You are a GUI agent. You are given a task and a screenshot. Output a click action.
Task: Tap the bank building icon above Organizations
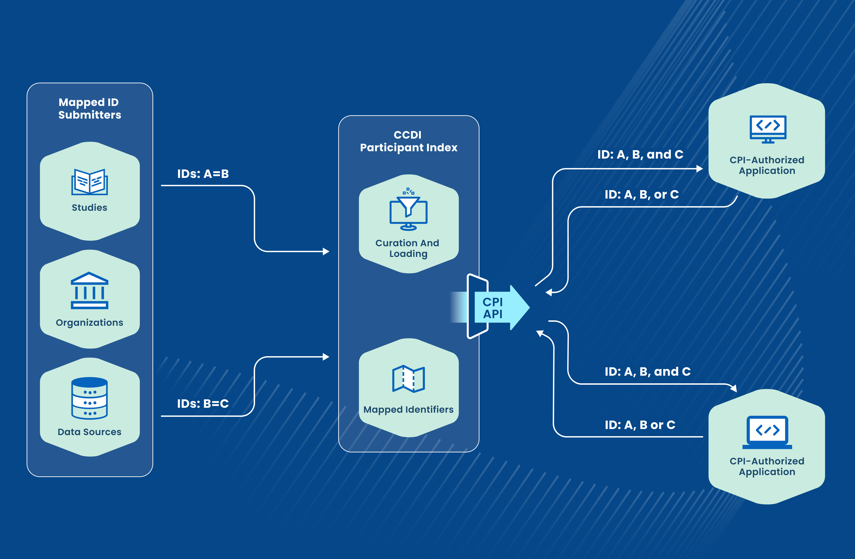[89, 290]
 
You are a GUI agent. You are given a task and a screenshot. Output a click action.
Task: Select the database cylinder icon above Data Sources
[89, 398]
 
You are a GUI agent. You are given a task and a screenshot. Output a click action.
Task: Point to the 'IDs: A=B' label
[203, 174]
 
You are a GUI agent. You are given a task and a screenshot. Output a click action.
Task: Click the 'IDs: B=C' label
[203, 404]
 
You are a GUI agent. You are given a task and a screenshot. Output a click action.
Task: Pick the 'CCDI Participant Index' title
[408, 141]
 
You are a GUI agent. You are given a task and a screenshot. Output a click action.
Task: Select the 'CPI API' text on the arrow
[493, 308]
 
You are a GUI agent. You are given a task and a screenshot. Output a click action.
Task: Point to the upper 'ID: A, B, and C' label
[640, 155]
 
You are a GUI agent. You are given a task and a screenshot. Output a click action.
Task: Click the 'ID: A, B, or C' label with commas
[642, 195]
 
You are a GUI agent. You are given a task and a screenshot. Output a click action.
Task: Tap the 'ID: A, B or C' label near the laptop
[640, 425]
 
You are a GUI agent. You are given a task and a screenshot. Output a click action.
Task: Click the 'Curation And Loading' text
[408, 248]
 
